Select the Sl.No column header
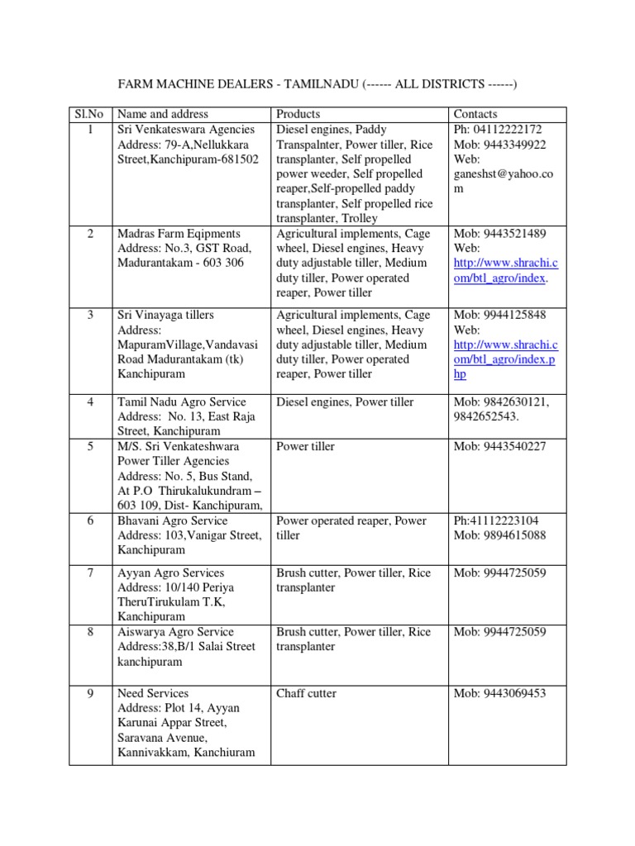click(x=90, y=114)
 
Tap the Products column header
click(x=298, y=114)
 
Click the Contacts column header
click(x=475, y=114)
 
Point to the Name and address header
click(x=163, y=114)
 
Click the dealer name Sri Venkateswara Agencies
click(x=187, y=129)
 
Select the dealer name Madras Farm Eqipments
click(x=179, y=234)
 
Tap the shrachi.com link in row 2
click(x=506, y=271)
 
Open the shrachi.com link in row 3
click(x=506, y=352)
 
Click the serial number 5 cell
click(x=90, y=447)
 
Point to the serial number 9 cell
click(x=90, y=693)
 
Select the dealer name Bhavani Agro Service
click(x=173, y=521)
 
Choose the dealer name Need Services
click(x=153, y=693)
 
